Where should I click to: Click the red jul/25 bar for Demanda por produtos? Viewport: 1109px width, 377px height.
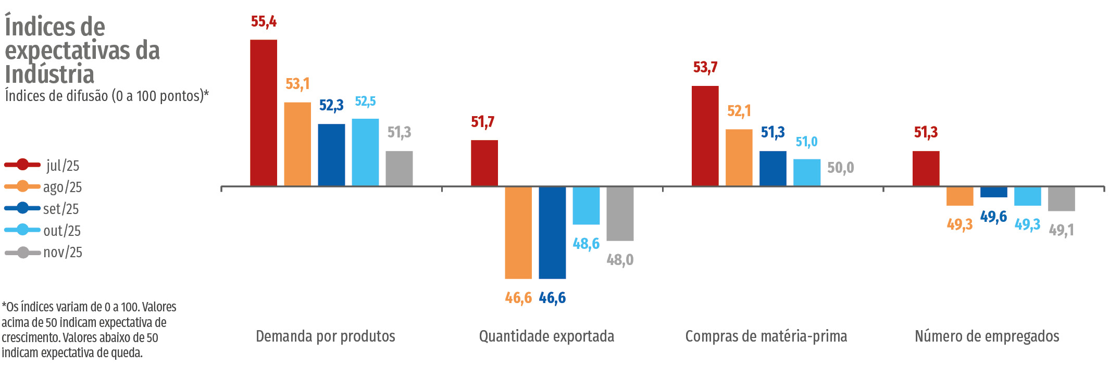click(264, 112)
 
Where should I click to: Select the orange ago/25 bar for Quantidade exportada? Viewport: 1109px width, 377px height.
click(518, 232)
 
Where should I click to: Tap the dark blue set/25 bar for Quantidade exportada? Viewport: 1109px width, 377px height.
click(552, 232)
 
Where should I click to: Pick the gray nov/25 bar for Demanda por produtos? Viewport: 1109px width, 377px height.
click(399, 168)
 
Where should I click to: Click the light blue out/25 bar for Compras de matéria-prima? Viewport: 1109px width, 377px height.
click(806, 172)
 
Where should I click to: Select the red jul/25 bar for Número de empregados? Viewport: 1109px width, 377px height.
click(926, 168)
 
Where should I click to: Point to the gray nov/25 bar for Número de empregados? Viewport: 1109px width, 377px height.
click(1061, 198)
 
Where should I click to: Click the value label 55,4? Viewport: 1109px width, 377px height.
click(264, 21)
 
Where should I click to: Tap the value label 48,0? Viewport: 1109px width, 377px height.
click(620, 259)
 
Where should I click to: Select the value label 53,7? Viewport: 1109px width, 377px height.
click(705, 67)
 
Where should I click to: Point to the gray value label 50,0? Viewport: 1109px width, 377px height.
click(840, 168)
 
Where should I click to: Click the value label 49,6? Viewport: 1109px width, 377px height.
click(993, 217)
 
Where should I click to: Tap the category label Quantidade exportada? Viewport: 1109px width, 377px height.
click(546, 336)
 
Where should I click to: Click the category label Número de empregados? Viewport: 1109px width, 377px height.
click(987, 336)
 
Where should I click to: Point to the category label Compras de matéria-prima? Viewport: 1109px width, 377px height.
click(766, 336)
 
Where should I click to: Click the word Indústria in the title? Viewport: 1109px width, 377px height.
click(49, 74)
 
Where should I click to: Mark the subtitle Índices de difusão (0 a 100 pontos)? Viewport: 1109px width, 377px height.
click(106, 96)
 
